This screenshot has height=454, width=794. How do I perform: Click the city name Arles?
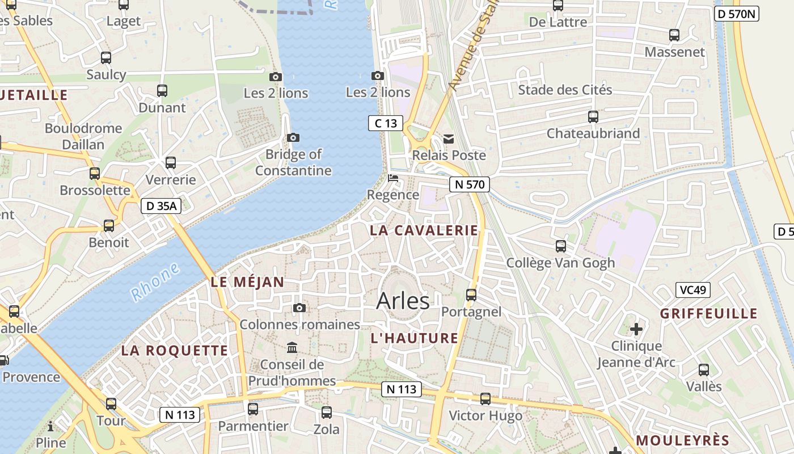pos(403,301)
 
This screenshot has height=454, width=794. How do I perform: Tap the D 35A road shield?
pos(161,206)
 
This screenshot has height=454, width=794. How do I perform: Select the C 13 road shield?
pos(386,123)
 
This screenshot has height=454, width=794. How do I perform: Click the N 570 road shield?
pos(469,184)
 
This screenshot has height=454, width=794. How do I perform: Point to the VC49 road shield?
pos(693,290)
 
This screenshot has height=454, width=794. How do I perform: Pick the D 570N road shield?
pos(736,14)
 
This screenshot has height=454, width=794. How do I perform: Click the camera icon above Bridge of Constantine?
pos(293,137)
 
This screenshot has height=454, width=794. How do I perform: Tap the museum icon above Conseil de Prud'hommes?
pos(292,347)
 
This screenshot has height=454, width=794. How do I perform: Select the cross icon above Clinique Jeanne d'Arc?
pos(636,329)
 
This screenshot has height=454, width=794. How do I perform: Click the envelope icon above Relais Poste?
pos(449,138)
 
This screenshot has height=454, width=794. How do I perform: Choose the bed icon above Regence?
pos(392,178)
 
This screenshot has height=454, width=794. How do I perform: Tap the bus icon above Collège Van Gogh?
pos(560,246)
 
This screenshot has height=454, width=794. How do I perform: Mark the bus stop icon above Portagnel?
pos(471,295)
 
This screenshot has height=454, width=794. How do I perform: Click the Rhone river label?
pos(155,281)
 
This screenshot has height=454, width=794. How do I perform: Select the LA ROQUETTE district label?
pos(175,351)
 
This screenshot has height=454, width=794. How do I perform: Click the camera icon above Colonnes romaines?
pos(299,308)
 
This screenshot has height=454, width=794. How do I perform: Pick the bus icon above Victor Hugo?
pos(485,398)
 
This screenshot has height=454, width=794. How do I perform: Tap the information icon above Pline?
pos(50,426)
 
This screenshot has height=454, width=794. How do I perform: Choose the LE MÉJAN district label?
pos(247,282)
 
